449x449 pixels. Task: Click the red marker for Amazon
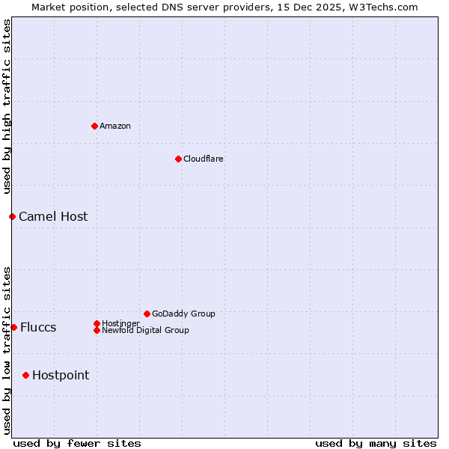point(94,126)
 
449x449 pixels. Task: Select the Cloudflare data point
point(178,159)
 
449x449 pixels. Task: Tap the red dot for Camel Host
point(12,216)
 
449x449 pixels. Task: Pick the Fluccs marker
point(13,327)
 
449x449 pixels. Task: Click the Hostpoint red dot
point(25,375)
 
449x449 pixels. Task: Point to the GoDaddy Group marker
point(147,314)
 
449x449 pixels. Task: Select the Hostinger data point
point(97,323)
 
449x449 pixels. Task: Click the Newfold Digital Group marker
point(97,330)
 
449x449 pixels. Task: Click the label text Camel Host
point(53,216)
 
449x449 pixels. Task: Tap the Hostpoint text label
point(61,375)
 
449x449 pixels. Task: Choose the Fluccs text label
point(38,327)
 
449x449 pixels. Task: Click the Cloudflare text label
point(204,159)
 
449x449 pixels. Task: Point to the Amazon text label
point(115,126)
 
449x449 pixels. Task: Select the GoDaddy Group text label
point(183,314)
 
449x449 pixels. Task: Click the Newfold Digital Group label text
point(145,330)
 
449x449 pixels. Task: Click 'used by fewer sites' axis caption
point(77,443)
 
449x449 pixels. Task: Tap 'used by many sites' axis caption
point(376,443)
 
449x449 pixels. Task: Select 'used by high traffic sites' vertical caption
point(7,107)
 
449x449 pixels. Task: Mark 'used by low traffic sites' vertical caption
point(7,349)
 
